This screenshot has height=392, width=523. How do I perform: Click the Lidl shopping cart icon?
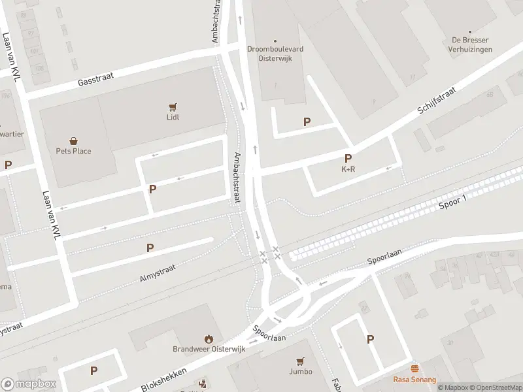pos(173,107)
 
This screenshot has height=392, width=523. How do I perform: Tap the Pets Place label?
pos(73,151)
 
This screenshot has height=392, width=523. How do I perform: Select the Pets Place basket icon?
pos(73,140)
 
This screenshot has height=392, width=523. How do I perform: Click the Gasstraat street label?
pos(95,80)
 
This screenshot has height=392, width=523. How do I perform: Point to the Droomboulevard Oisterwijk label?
pos(275,53)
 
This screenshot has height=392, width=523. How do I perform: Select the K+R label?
pos(348,169)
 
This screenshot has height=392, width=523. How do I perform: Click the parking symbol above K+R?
pos(348,158)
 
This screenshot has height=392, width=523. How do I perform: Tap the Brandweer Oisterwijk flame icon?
pos(209,338)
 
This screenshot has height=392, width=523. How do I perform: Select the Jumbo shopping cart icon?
pos(300,361)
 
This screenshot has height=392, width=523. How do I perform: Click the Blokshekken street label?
pos(164,379)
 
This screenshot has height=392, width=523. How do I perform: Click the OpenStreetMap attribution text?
pos(497,387)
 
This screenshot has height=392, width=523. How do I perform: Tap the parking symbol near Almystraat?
pos(150,248)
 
